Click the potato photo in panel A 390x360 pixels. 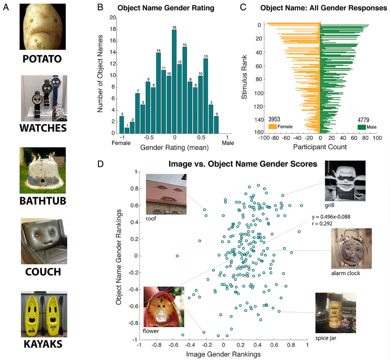pyautogui.click(x=43, y=27)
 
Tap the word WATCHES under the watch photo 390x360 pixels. pyautogui.click(x=43, y=128)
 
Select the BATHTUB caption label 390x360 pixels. pyautogui.click(x=43, y=201)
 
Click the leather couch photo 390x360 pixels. pyautogui.click(x=44, y=241)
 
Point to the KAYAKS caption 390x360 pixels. pyautogui.click(x=43, y=344)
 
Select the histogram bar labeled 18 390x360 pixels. pyautogui.click(x=174, y=82)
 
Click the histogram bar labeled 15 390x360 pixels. pyautogui.click(x=185, y=90)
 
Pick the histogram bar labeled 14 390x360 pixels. pyautogui.click(x=159, y=93)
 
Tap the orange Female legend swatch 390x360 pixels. pyautogui.click(x=273, y=126)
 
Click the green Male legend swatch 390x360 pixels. pyautogui.click(x=362, y=127)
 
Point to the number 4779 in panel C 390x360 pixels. pyautogui.click(x=363, y=120)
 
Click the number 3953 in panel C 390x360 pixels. pyautogui.click(x=274, y=119)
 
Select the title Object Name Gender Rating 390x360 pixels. pyautogui.click(x=166, y=8)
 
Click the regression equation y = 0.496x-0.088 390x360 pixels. pyautogui.click(x=331, y=217)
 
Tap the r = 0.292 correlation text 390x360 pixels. pyautogui.click(x=322, y=224)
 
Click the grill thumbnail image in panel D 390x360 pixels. pyautogui.click(x=345, y=181)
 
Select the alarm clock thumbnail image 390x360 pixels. pyautogui.click(x=351, y=249)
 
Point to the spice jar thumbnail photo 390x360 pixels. pyautogui.click(x=336, y=313)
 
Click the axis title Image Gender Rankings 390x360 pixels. pyautogui.click(x=223, y=354)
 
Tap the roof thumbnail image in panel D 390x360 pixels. pyautogui.click(x=166, y=194)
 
